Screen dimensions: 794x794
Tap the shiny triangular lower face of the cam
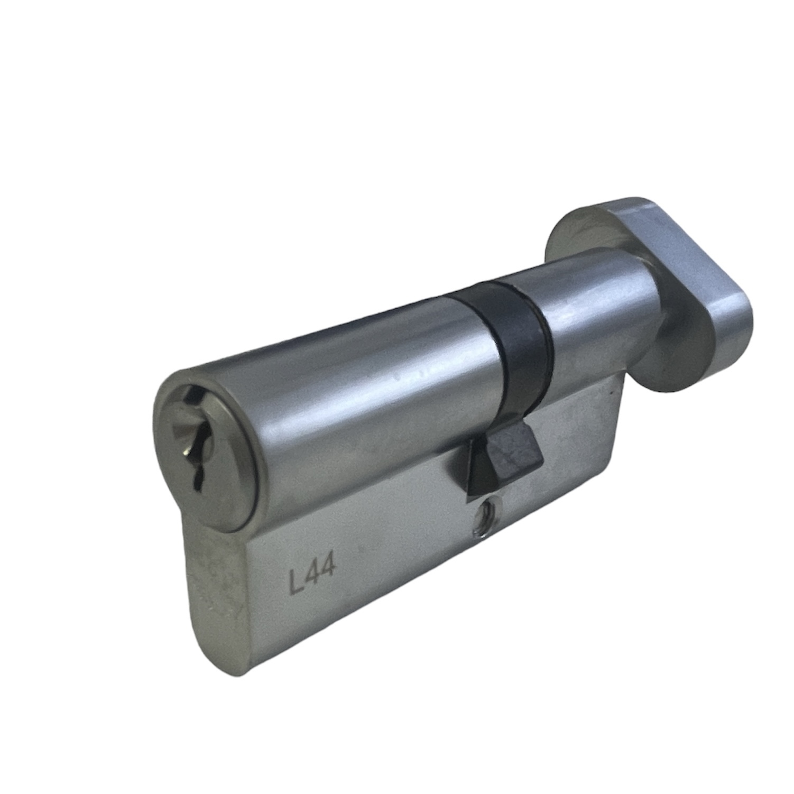[x=478, y=462]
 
